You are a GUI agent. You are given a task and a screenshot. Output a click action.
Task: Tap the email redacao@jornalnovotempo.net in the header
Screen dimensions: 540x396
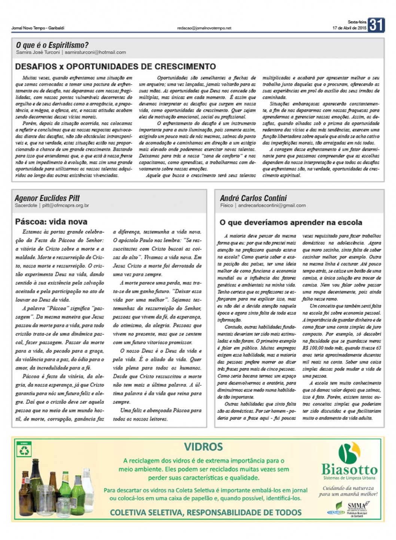[204, 28]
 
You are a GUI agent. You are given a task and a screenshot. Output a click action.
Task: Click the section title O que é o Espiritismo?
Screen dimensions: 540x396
[52, 45]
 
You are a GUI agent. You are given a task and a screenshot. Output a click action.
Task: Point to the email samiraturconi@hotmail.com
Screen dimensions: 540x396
[95, 52]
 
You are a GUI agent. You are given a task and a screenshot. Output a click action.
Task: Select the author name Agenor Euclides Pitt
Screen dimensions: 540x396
[47, 198]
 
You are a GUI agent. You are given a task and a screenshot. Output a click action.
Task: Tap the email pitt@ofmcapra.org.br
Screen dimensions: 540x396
[66, 205]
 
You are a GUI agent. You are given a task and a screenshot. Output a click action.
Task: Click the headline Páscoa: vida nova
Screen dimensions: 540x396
[51, 222]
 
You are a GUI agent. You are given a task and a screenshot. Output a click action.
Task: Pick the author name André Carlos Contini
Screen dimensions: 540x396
[253, 198]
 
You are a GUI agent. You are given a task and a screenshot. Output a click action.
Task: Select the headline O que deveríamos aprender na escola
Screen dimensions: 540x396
[291, 223]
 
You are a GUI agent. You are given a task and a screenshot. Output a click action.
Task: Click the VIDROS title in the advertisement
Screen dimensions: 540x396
[203, 446]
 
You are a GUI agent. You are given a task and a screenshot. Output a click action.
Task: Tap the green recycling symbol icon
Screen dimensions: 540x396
[24, 450]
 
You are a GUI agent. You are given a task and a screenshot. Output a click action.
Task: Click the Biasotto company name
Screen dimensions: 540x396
[349, 470]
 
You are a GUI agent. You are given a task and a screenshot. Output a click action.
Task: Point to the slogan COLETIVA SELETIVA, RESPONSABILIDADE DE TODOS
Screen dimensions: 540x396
[205, 512]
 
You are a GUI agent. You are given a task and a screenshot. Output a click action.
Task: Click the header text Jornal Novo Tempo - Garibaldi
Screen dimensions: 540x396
[38, 28]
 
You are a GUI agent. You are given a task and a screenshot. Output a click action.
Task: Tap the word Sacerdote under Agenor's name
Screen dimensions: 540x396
[26, 205]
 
